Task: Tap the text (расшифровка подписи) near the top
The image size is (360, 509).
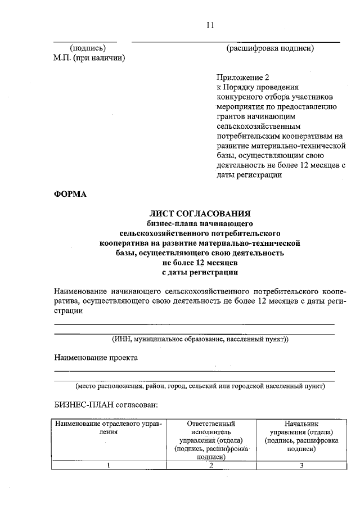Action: (x=270, y=48)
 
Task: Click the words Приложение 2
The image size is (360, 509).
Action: (x=239, y=78)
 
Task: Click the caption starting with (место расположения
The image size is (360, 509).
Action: (x=200, y=386)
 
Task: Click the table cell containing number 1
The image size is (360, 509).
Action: (x=107, y=465)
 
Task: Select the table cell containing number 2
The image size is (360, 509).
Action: (x=211, y=465)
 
